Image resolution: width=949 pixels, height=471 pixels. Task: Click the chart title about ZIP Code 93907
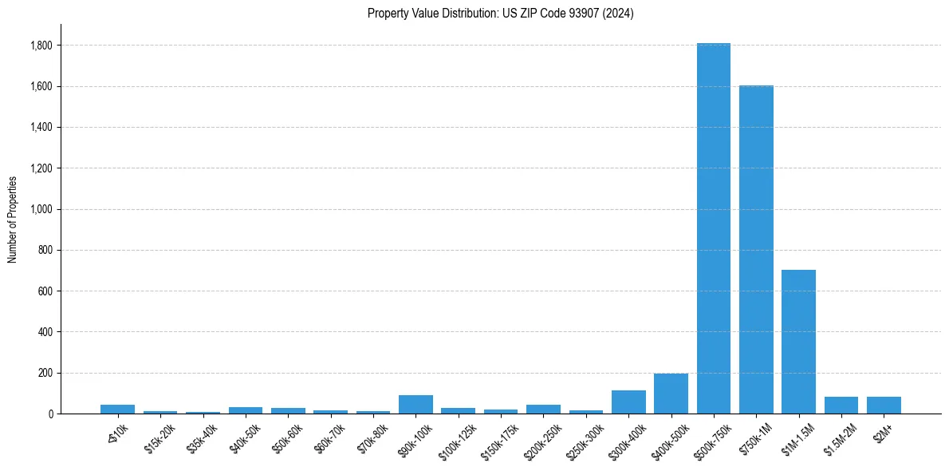(500, 13)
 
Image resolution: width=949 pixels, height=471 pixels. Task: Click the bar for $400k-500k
(671, 394)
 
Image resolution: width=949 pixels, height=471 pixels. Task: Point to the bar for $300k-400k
(628, 402)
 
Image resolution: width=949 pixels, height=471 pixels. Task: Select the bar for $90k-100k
(415, 404)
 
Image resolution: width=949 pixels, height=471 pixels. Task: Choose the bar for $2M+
(884, 405)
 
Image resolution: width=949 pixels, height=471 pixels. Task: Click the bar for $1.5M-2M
(841, 405)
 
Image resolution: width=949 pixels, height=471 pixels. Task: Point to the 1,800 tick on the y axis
(41, 46)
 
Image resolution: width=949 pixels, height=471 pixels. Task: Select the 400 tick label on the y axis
(45, 332)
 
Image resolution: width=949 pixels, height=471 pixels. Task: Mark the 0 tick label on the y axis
(50, 414)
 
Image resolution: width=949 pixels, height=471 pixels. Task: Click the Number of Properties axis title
(13, 219)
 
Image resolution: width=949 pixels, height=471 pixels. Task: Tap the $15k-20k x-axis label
(159, 437)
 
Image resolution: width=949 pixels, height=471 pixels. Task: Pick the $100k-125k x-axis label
(457, 440)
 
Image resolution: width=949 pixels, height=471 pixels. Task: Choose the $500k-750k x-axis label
(712, 440)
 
